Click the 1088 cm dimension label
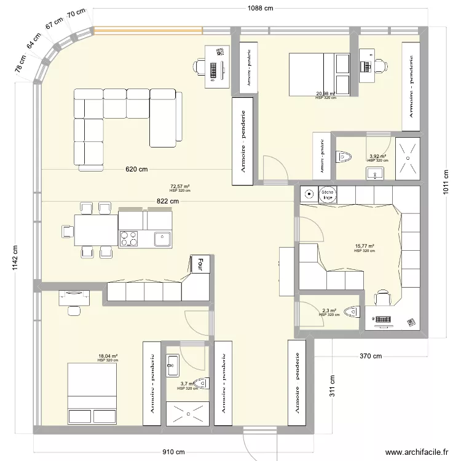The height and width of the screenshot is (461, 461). click(256, 9)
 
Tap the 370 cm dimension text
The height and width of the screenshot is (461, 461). click(371, 356)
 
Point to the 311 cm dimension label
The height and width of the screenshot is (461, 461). click(332, 386)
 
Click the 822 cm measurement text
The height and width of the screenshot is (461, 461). click(167, 201)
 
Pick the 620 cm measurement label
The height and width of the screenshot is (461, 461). click(136, 169)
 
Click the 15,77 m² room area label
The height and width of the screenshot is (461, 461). click(364, 246)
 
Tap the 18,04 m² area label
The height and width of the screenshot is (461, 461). click(108, 356)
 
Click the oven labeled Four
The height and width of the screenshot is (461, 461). click(199, 264)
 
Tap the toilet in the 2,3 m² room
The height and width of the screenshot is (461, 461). click(352, 312)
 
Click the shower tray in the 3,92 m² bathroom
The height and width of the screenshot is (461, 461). click(408, 157)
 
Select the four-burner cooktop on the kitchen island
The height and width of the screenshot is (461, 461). click(130, 238)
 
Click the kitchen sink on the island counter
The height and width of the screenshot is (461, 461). click(163, 237)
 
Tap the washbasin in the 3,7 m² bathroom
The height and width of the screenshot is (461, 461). click(171, 364)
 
